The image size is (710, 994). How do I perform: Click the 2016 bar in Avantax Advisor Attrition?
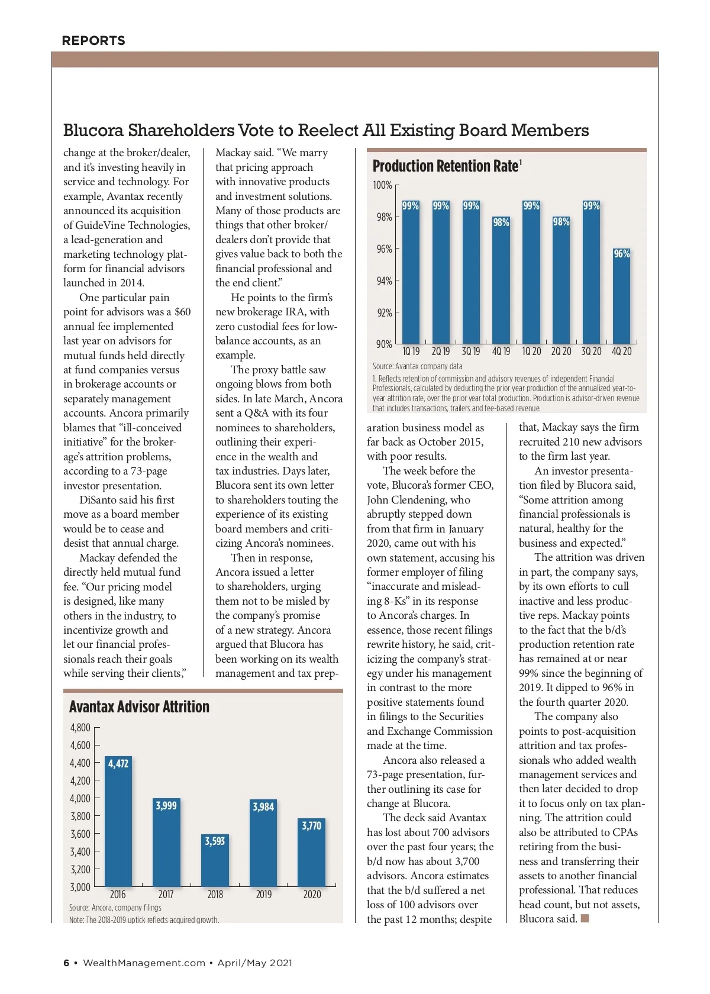click(118, 822)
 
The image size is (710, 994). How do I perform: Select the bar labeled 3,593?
click(215, 861)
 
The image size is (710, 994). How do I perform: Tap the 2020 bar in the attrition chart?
click(312, 852)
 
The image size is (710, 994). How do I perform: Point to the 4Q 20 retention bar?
click(621, 296)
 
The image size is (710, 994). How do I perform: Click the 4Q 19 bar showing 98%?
click(501, 281)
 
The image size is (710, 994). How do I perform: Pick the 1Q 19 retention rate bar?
click(411, 272)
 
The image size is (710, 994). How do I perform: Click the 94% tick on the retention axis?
click(384, 281)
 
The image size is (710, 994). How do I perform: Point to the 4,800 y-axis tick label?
click(80, 728)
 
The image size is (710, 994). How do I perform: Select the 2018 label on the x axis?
click(215, 895)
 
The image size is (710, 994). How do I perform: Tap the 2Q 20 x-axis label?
click(561, 351)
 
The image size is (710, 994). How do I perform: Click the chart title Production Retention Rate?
click(446, 166)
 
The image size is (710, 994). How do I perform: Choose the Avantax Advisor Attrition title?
click(139, 707)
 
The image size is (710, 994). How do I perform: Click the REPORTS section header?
click(93, 41)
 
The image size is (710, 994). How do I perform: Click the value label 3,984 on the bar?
click(263, 806)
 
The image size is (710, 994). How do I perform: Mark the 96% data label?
click(621, 254)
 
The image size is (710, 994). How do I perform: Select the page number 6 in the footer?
click(66, 963)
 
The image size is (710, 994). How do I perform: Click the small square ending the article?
click(585, 918)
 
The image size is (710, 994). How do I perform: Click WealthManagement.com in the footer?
click(144, 963)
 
